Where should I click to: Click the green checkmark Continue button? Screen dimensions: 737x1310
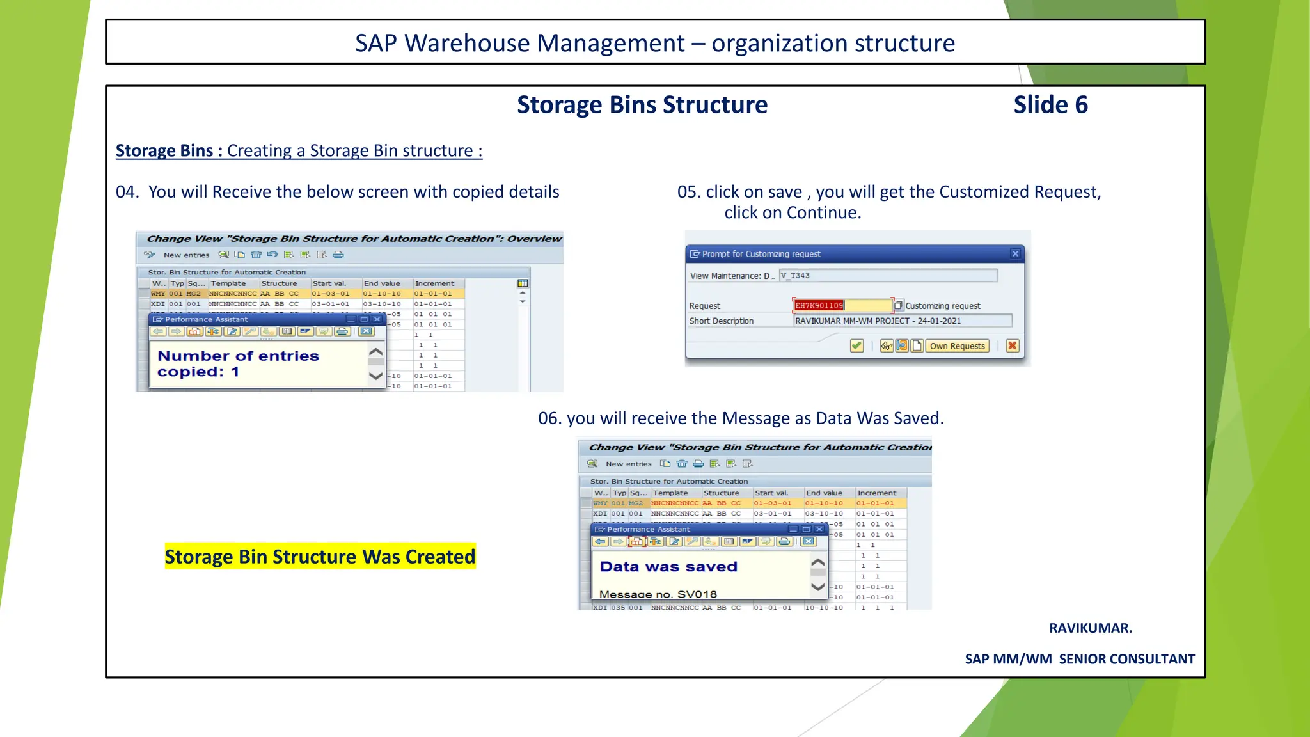(856, 346)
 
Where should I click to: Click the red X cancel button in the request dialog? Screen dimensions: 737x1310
(1012, 346)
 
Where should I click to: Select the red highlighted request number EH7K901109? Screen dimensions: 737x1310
(819, 306)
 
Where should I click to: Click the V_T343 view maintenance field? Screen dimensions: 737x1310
(888, 276)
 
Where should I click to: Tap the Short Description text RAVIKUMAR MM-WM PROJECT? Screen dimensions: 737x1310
(878, 321)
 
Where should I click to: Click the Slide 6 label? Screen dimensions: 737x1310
(1050, 105)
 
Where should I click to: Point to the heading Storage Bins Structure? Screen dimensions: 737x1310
(642, 105)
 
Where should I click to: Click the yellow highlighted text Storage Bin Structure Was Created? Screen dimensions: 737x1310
(320, 557)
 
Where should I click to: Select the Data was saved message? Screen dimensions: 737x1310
(668, 567)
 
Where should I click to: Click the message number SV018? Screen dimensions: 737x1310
(697, 594)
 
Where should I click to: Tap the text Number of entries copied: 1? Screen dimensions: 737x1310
(238, 363)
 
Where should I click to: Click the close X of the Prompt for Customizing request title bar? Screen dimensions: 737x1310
(1015, 254)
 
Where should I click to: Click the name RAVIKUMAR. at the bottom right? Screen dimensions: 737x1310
(1090, 628)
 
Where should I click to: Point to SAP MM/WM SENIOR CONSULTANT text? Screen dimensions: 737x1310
(1079, 659)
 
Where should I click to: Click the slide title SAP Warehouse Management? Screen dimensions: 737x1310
(654, 43)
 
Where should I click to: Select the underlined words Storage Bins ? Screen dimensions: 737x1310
(169, 151)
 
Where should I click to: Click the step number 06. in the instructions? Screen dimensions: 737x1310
(549, 418)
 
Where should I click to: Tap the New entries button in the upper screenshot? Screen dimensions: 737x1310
(186, 255)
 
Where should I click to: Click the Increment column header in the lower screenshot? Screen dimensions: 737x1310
(876, 493)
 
